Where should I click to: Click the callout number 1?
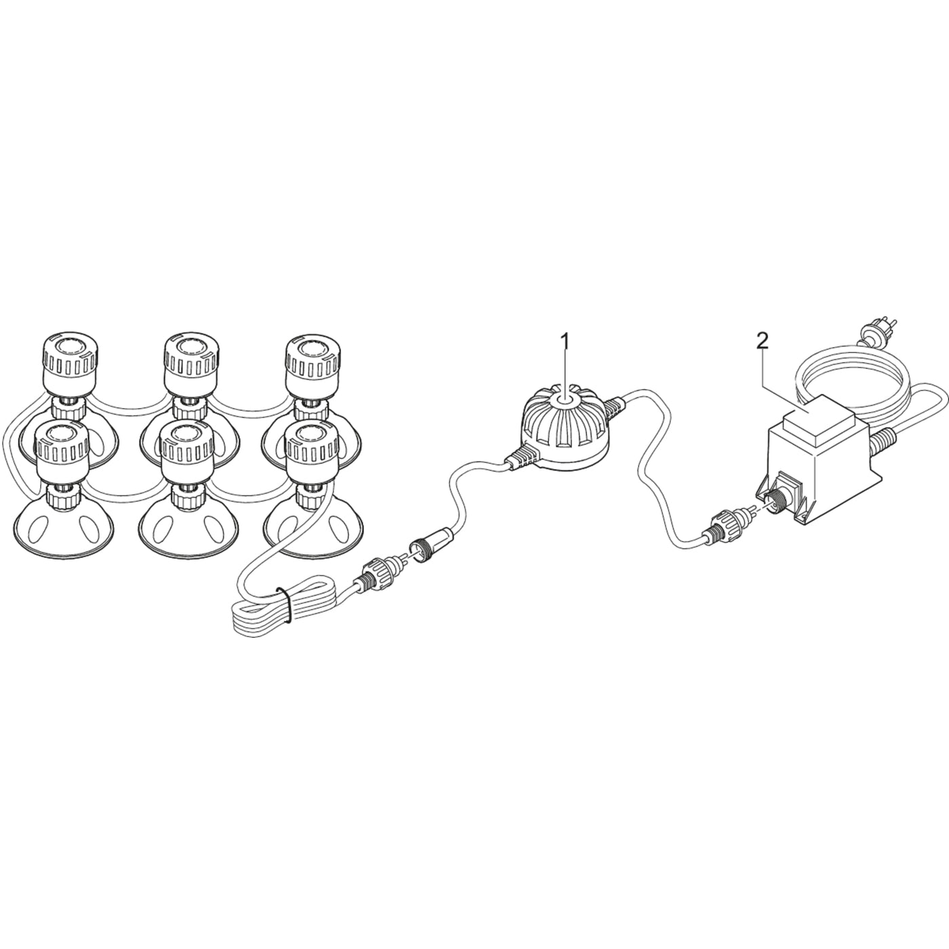pos(566,341)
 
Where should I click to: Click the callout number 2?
pos(763,341)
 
